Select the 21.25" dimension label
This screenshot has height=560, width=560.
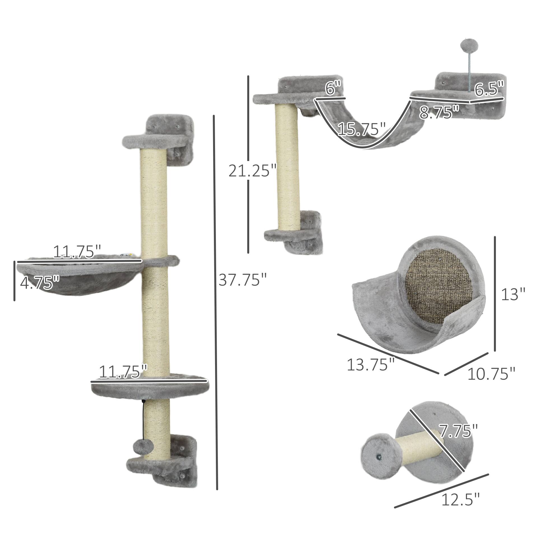point(252,171)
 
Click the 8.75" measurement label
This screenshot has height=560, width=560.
point(439,113)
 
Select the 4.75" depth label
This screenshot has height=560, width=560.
point(40,283)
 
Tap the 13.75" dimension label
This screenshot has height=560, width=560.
point(371,364)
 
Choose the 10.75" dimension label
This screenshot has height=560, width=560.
point(491,374)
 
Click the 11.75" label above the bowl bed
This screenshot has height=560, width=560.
point(77,252)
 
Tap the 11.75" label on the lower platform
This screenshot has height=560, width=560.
point(123,372)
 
